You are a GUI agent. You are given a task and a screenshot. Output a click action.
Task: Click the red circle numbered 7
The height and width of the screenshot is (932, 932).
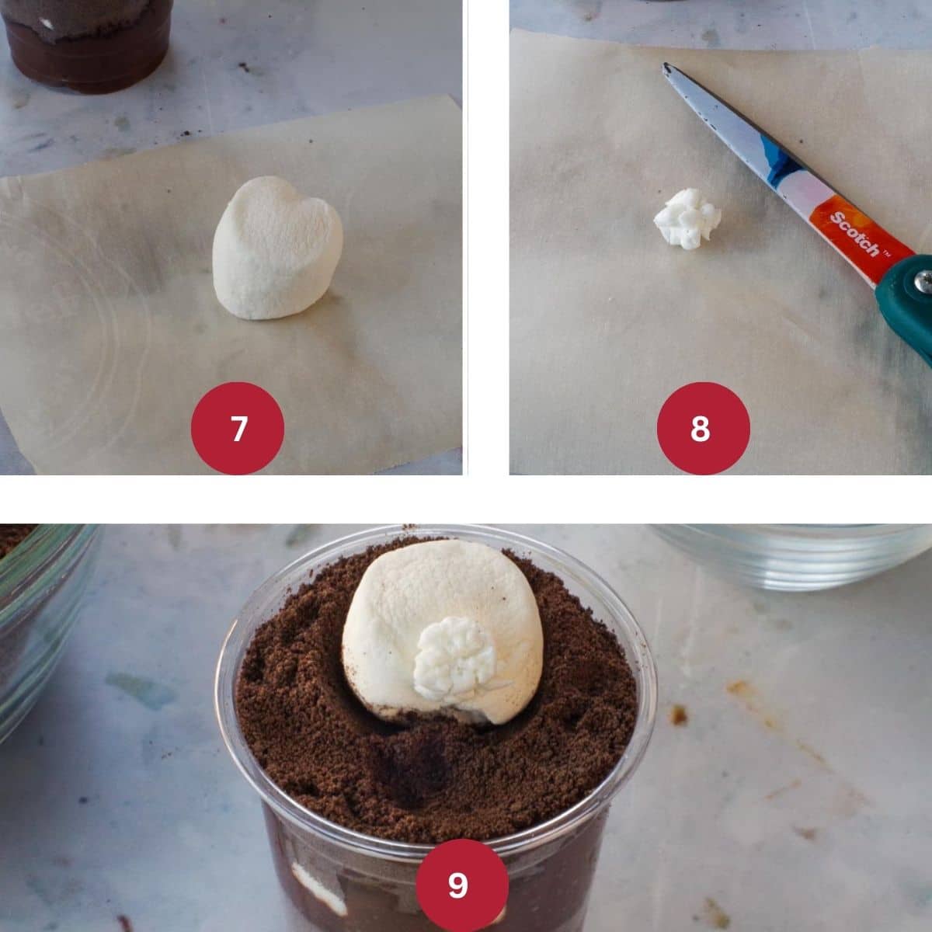pos(238,428)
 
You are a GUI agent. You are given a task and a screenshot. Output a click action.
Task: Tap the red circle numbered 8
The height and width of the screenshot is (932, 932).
pos(703,428)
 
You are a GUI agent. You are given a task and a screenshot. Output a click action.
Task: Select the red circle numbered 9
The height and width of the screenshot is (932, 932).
pos(462,885)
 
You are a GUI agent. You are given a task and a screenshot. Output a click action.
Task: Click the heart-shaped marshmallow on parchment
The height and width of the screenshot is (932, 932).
pos(277,248)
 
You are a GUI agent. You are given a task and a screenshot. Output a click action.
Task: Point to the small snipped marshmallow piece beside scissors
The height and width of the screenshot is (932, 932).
pos(687,218)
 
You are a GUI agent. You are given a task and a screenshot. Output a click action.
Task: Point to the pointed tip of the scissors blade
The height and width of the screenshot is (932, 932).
pos(666,65)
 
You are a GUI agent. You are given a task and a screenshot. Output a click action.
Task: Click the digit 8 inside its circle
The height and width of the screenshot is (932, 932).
pos(700,429)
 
